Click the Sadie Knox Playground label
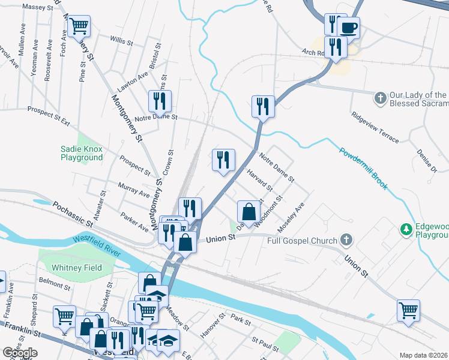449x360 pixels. (82, 153)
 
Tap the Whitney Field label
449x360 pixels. (76, 268)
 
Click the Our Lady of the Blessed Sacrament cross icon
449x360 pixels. (380, 98)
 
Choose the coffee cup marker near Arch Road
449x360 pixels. (349, 27)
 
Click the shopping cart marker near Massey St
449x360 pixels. (79, 27)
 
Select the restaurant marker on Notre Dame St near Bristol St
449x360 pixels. (160, 101)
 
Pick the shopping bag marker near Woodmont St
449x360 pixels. (249, 212)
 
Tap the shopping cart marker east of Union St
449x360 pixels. (408, 311)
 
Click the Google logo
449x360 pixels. (20, 353)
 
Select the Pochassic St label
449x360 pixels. (72, 214)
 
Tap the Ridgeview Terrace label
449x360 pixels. (375, 127)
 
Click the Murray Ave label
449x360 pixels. (134, 191)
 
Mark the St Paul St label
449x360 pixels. (265, 344)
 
